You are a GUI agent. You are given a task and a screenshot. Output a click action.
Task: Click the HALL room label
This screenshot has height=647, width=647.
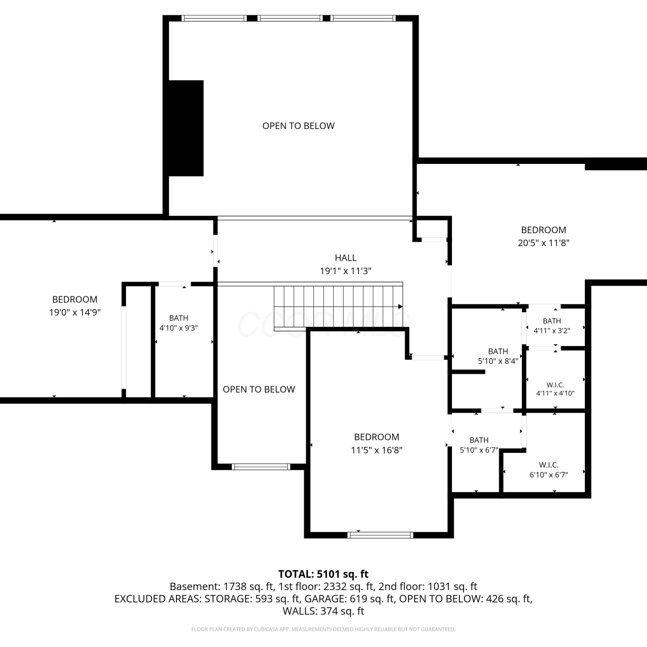[x=345, y=258]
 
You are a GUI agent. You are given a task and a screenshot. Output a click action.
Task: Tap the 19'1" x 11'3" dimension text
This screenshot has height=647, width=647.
[x=345, y=271]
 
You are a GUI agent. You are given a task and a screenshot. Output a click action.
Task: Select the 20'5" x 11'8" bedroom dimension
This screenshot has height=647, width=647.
[x=543, y=243]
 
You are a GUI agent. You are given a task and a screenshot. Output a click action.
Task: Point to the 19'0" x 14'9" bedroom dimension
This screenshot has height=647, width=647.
[x=75, y=312]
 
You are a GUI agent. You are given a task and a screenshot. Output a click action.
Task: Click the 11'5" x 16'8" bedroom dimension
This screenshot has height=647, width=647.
[x=377, y=450]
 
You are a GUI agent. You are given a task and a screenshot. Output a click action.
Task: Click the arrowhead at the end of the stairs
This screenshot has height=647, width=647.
[x=400, y=307]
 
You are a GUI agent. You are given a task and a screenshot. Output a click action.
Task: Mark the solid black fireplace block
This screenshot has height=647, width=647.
[x=186, y=128]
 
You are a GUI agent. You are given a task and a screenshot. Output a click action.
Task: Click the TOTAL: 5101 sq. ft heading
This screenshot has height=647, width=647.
[x=323, y=574]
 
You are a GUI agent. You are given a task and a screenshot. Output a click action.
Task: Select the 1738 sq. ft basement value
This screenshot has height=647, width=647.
[x=249, y=587]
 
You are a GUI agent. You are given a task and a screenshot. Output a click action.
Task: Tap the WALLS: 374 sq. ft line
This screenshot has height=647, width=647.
[x=323, y=611]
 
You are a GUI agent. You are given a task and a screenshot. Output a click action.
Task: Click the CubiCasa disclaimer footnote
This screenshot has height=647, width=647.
[x=323, y=629]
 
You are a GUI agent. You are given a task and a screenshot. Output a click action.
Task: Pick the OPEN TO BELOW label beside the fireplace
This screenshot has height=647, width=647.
[x=298, y=126]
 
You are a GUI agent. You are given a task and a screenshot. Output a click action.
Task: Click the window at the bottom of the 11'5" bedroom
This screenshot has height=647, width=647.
[x=380, y=535]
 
